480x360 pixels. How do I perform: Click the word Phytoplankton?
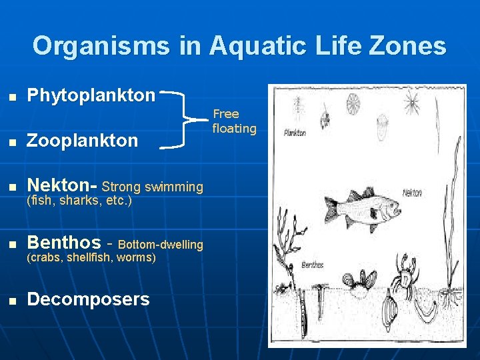tap(91, 95)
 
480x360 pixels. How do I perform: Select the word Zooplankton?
tap(82, 140)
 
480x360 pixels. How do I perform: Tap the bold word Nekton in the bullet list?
tap(59, 185)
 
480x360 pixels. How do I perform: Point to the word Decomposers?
tap(88, 299)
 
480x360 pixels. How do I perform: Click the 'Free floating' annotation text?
tap(234, 121)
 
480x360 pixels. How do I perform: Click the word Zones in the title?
tap(413, 46)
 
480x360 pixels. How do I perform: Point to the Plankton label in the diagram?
tap(294, 133)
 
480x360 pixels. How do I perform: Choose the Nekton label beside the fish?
tap(412, 193)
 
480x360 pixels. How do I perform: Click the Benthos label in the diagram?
tap(312, 265)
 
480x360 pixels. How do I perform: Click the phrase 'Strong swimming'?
tap(152, 187)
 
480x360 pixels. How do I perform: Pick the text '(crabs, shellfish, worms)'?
tap(91, 257)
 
